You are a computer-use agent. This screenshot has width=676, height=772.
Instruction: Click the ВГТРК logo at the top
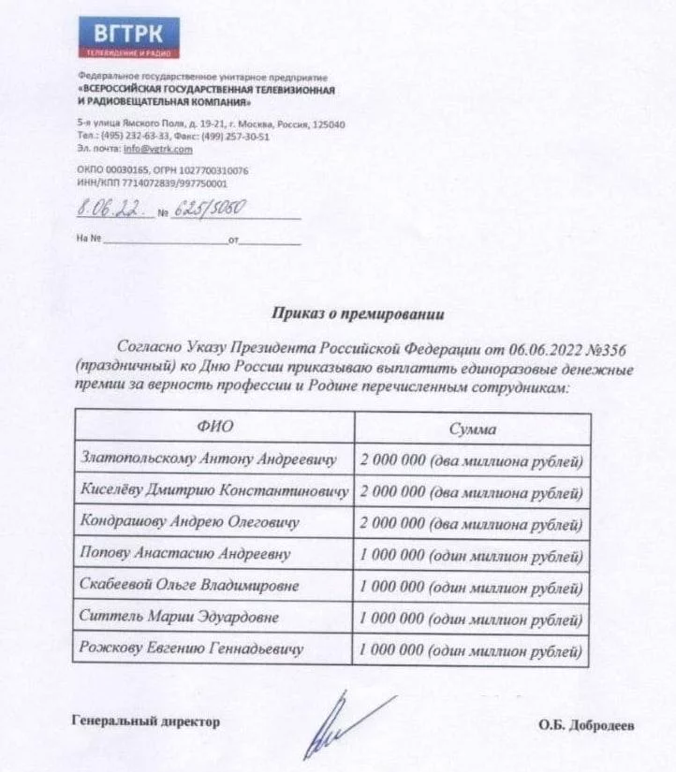(128, 38)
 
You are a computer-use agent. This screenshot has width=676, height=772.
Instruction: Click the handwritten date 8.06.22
(110, 212)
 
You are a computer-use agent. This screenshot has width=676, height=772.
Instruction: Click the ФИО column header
(214, 428)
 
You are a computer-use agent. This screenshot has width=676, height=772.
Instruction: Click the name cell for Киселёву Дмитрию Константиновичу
(215, 490)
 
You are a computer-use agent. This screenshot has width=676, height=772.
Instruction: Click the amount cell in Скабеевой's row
(472, 587)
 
